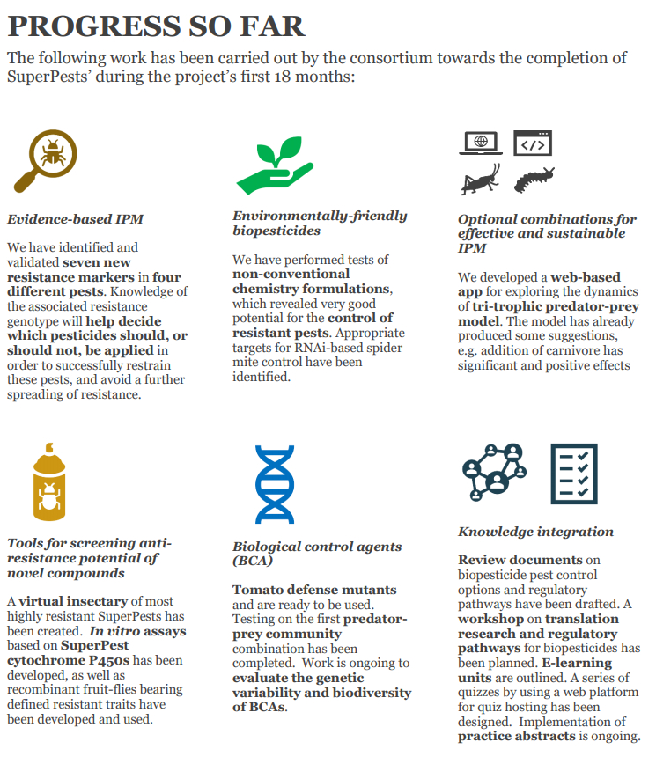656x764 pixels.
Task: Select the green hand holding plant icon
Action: [x=274, y=165]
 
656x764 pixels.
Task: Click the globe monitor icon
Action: [x=481, y=143]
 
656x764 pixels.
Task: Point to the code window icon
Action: [x=532, y=143]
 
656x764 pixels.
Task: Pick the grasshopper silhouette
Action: [x=481, y=180]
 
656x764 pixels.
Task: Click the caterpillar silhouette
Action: [x=534, y=180]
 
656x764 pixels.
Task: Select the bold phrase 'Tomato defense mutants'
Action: [x=314, y=590]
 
